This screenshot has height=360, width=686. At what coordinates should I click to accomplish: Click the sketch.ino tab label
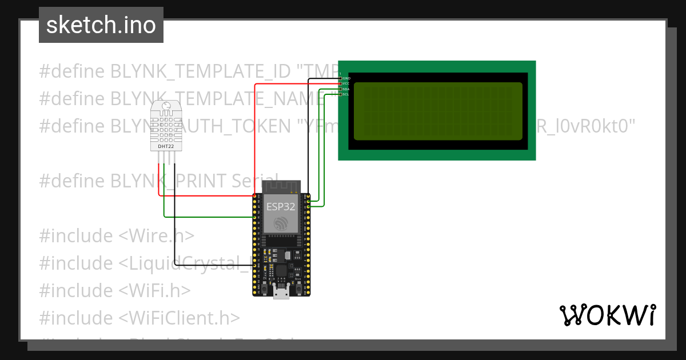click(x=101, y=25)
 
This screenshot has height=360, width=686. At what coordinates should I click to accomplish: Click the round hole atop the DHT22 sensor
click(x=166, y=106)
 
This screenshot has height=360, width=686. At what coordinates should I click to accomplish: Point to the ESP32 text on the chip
click(x=281, y=206)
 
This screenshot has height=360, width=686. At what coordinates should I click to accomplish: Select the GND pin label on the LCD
click(x=346, y=78)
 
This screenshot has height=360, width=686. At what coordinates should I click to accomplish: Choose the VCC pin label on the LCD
click(x=346, y=83)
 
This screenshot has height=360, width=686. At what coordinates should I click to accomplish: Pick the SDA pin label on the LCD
click(x=346, y=89)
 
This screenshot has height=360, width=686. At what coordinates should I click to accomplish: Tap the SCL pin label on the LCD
click(x=346, y=94)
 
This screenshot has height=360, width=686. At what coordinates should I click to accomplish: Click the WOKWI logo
click(x=607, y=315)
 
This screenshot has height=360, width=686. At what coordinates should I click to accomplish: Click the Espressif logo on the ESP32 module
click(x=281, y=224)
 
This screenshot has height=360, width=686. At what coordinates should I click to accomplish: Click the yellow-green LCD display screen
click(x=438, y=111)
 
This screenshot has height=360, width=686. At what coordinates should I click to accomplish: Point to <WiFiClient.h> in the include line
click(x=180, y=318)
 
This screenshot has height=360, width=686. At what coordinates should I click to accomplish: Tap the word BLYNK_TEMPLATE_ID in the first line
click(x=200, y=71)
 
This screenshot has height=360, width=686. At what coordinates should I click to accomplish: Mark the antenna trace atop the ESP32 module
click(x=281, y=186)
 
